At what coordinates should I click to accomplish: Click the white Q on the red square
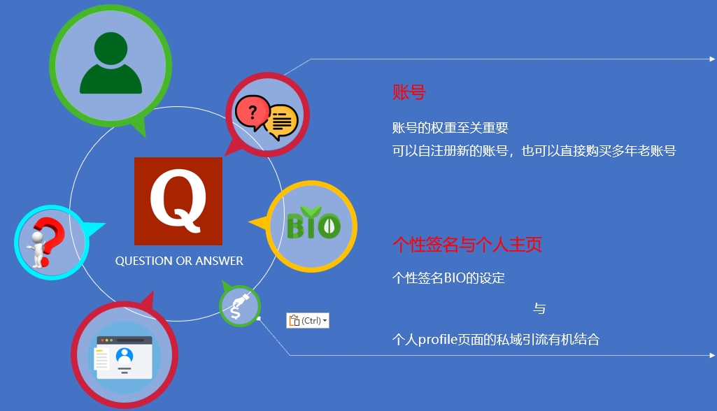(178, 199)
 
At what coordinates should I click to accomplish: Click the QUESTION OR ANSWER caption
(179, 261)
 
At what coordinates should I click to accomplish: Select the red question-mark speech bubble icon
(252, 113)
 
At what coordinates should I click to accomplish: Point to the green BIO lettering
(313, 223)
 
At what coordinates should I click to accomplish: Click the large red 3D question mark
(50, 240)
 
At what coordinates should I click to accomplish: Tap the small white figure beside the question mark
(36, 249)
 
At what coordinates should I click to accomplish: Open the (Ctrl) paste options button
(308, 320)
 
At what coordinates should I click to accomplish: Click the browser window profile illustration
(123, 357)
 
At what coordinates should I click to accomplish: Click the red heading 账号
(409, 92)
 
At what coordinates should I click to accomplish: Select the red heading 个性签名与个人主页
(467, 245)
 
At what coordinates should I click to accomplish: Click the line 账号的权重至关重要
(450, 127)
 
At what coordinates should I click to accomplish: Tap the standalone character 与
(539, 308)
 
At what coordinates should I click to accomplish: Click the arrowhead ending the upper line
(712, 59)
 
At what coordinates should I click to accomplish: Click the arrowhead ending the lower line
(712, 355)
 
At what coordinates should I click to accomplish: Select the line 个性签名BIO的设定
(448, 278)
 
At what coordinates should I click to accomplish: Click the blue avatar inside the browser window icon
(125, 356)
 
